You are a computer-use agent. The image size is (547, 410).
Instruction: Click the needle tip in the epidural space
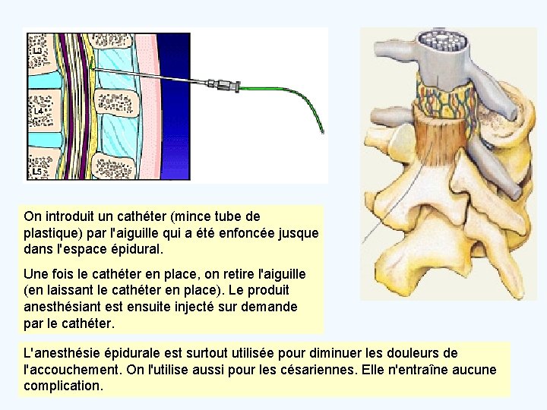92,70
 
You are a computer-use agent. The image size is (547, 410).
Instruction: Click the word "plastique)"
54,232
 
